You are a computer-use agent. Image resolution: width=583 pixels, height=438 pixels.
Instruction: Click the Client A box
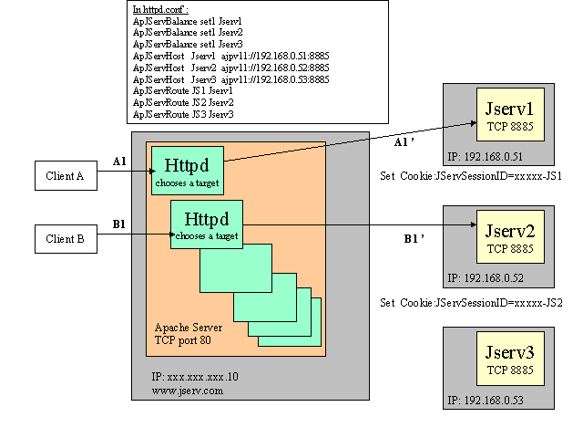click(66, 176)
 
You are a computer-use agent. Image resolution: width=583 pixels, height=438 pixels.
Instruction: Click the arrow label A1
click(119, 162)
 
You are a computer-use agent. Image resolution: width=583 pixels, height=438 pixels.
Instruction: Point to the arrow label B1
click(119, 224)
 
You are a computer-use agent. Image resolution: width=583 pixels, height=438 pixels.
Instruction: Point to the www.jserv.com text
click(187, 390)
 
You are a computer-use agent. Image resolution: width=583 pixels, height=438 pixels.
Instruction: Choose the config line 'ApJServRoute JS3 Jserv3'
click(183, 115)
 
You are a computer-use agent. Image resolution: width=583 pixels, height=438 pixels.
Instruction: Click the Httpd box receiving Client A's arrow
click(187, 170)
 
